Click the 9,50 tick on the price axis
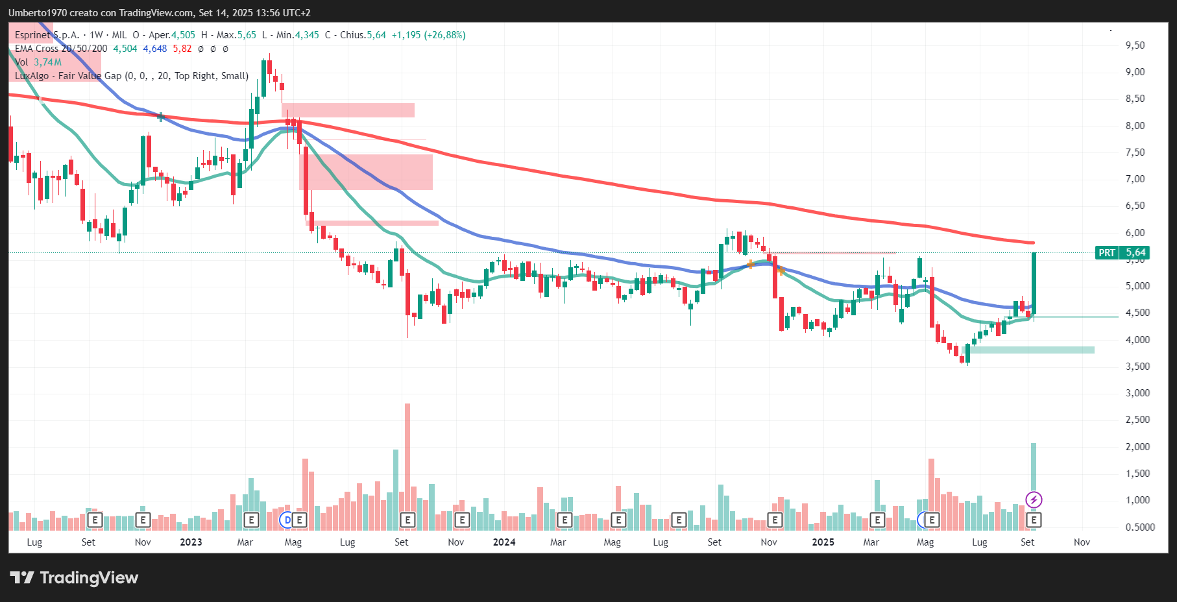pos(1135,45)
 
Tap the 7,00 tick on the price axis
pos(1135,179)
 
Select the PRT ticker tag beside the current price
pos(1107,253)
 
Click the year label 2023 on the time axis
pos(191,542)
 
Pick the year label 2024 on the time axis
pos(504,542)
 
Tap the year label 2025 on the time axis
pos(823,542)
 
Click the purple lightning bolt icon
pos(1034,500)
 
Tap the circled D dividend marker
pos(287,520)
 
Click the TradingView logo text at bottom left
pos(75,577)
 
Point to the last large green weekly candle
pos(1034,283)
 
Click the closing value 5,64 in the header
pos(376,35)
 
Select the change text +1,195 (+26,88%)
pos(428,35)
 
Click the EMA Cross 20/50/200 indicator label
pos(61,49)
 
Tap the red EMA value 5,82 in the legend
pos(182,49)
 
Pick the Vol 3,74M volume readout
pos(38,62)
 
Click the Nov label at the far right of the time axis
pos(1082,542)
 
